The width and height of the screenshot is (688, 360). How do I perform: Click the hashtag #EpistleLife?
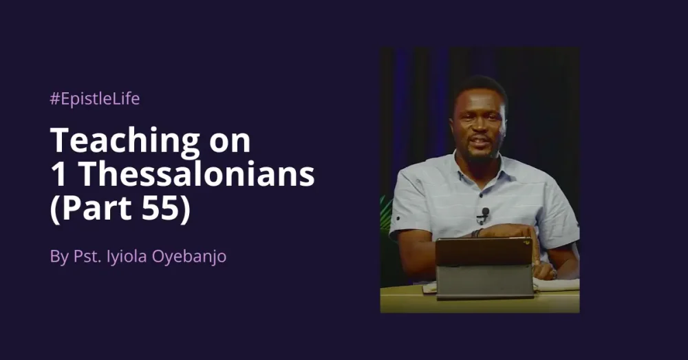point(94,99)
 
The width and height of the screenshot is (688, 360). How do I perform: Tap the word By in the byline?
point(59,257)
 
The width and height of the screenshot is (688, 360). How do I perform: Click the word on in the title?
point(230,141)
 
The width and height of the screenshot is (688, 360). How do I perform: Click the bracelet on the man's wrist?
point(475,233)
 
